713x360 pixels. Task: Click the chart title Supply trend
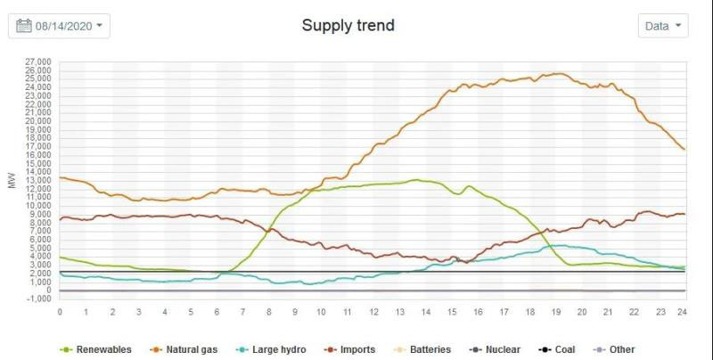[x=348, y=25]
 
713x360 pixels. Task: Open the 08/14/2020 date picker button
[x=59, y=26]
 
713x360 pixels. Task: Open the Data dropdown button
[x=663, y=26]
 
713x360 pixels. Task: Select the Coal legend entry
[x=562, y=350]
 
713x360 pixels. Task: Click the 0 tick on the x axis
[x=60, y=311]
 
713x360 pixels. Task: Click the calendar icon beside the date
[x=24, y=26]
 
